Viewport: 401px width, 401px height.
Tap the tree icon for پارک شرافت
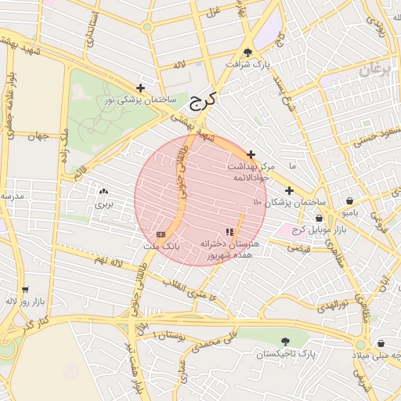tap(248, 52)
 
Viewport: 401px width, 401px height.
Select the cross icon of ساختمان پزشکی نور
tap(140, 88)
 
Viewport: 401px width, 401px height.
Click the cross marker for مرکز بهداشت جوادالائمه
tap(251, 155)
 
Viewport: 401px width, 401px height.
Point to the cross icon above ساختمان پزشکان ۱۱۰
tap(289, 190)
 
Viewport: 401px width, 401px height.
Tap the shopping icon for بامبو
tap(349, 200)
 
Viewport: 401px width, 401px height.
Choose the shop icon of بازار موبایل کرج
tap(319, 218)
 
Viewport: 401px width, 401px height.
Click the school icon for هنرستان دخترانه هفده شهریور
tap(229, 232)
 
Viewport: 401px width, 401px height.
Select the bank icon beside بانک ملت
tap(161, 234)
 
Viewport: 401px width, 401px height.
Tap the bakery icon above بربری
tap(104, 191)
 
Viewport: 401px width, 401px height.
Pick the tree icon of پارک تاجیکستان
tap(284, 341)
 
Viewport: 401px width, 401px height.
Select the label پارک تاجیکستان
tap(284, 354)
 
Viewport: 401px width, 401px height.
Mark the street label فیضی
tap(298, 247)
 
